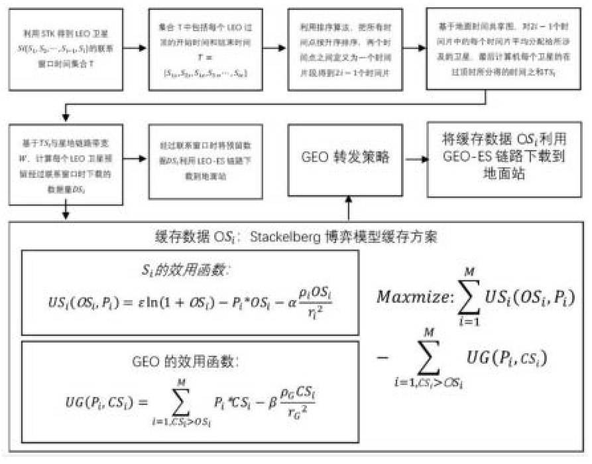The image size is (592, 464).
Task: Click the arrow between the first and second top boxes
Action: tap(135, 48)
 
